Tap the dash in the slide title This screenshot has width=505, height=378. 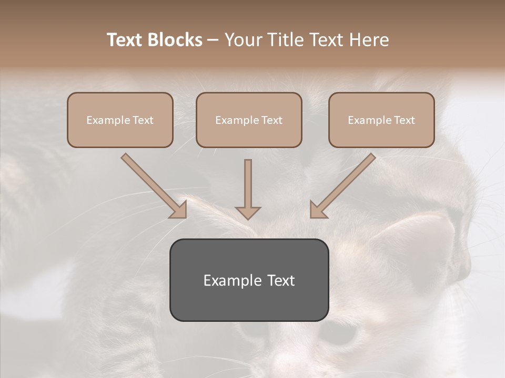click(213, 40)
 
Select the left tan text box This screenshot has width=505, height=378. click(120, 120)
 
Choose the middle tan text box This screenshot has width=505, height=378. click(249, 120)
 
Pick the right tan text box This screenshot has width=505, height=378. click(381, 120)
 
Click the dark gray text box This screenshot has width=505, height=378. click(249, 280)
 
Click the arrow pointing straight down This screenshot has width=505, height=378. click(248, 189)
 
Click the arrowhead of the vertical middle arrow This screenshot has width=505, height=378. click(248, 213)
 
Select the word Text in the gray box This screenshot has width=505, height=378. click(281, 280)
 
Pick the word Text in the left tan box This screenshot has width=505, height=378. click(143, 120)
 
